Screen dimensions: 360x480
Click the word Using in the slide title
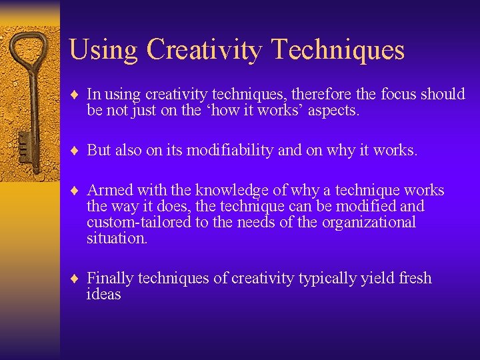(x=103, y=50)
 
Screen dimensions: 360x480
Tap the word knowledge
(x=226, y=191)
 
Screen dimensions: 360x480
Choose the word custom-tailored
(x=138, y=223)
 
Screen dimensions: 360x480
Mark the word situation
(x=117, y=239)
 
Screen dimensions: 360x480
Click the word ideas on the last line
(x=103, y=295)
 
